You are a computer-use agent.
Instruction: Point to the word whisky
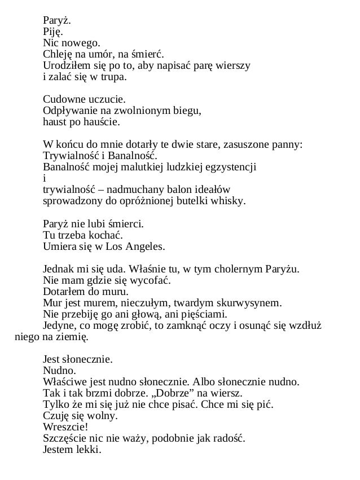point(230,201)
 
